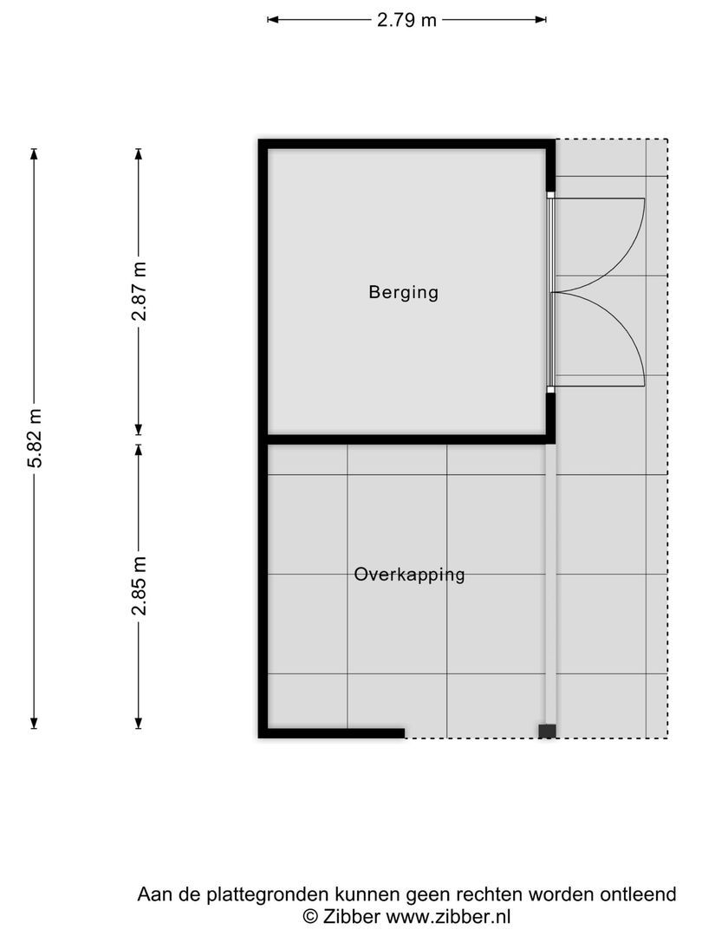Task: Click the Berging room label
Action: pyautogui.click(x=404, y=292)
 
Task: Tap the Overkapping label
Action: pyautogui.click(x=409, y=575)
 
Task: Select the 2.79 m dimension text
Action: pyautogui.click(x=406, y=20)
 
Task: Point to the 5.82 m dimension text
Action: pyautogui.click(x=35, y=438)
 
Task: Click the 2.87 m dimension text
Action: pyautogui.click(x=139, y=292)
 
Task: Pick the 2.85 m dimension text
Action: pyautogui.click(x=139, y=587)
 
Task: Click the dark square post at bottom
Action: pyautogui.click(x=547, y=731)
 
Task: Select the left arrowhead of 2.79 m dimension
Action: pyautogui.click(x=272, y=19)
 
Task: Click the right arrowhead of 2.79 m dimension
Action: pyautogui.click(x=542, y=19)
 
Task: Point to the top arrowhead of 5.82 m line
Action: pyautogui.click(x=35, y=153)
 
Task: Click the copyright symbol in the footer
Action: pyautogui.click(x=310, y=915)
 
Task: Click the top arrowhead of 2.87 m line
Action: pyautogui.click(x=139, y=153)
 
